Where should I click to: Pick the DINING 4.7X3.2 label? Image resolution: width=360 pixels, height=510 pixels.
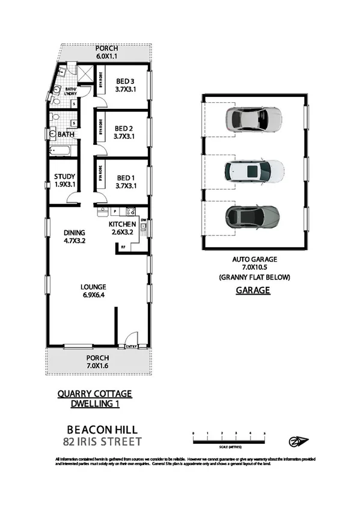click(75, 236)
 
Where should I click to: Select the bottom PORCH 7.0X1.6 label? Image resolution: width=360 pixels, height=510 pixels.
click(97, 361)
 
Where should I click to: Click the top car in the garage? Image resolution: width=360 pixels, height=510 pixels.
click(252, 119)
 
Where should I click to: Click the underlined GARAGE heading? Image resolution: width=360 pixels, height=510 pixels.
click(253, 290)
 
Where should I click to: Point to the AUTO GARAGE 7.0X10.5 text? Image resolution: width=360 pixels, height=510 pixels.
click(253, 263)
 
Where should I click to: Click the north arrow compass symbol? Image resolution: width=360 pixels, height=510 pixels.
click(298, 441)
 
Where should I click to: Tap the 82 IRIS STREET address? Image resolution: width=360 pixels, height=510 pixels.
click(102, 442)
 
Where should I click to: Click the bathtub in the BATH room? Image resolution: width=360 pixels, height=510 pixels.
click(60, 152)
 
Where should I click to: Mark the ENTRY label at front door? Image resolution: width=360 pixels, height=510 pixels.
click(130, 346)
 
